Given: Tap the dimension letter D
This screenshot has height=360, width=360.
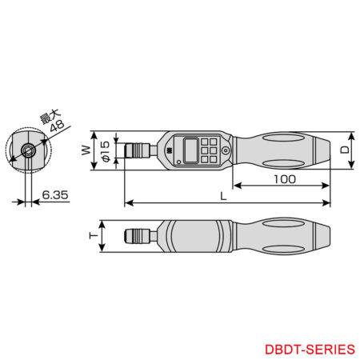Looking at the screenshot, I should tap(344, 149).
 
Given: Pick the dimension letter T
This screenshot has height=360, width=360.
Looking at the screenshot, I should tap(94, 236).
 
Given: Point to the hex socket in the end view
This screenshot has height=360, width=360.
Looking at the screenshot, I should tap(28, 150).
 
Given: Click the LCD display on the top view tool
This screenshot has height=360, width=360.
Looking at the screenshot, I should tap(191, 149).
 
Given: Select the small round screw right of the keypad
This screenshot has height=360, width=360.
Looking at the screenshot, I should tap(226, 150).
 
